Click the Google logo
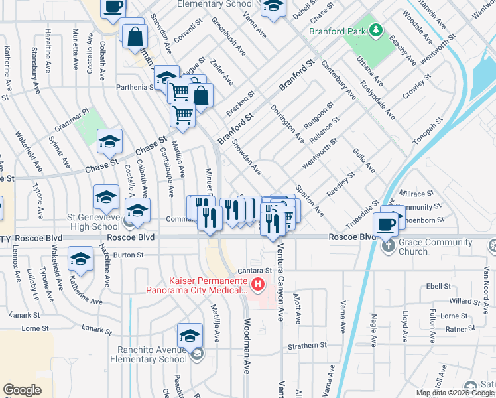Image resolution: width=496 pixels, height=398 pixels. [x=22, y=390]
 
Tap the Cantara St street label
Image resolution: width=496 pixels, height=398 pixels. [x=260, y=271]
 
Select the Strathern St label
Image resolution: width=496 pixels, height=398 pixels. [x=308, y=346]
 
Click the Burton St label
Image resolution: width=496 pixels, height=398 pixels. [x=129, y=255]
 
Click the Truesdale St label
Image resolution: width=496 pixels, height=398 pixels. [x=362, y=210]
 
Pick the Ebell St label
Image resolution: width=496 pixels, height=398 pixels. [x=439, y=287]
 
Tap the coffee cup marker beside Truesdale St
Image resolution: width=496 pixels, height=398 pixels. [x=385, y=223]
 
